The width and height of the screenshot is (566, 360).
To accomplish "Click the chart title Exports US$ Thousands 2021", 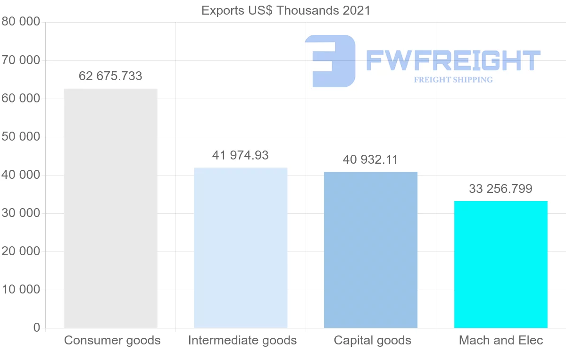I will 286,10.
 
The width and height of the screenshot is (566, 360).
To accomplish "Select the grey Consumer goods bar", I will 110,208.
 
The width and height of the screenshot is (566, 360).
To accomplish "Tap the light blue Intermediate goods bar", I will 241,248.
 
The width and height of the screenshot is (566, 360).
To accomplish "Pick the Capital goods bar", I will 371,250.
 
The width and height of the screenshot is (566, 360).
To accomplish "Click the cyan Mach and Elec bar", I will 501,264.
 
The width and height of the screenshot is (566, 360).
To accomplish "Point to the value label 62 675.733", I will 110,76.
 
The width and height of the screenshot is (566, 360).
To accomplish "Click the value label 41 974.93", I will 241,155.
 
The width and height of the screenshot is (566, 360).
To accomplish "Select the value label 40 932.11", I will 371,159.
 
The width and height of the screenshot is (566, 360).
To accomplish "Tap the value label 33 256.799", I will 501,189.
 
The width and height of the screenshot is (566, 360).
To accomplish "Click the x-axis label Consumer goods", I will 112,340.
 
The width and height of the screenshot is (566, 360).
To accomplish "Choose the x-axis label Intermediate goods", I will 242,340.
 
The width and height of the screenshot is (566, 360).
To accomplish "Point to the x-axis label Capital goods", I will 373,340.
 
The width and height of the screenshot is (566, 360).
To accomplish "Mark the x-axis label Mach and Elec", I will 501,340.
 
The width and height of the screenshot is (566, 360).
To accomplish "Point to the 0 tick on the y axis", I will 37,327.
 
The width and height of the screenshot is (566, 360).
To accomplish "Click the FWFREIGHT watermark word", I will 453,60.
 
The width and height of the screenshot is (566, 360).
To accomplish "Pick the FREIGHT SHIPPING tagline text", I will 453,80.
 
